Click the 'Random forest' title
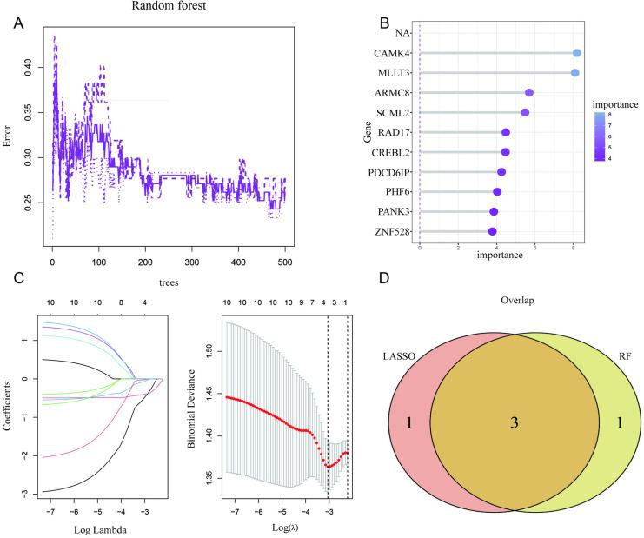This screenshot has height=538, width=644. [x=169, y=7]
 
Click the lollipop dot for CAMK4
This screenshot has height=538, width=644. [x=577, y=53]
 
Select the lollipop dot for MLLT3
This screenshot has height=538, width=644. [x=574, y=73]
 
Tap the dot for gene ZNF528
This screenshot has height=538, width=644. [x=493, y=231]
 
